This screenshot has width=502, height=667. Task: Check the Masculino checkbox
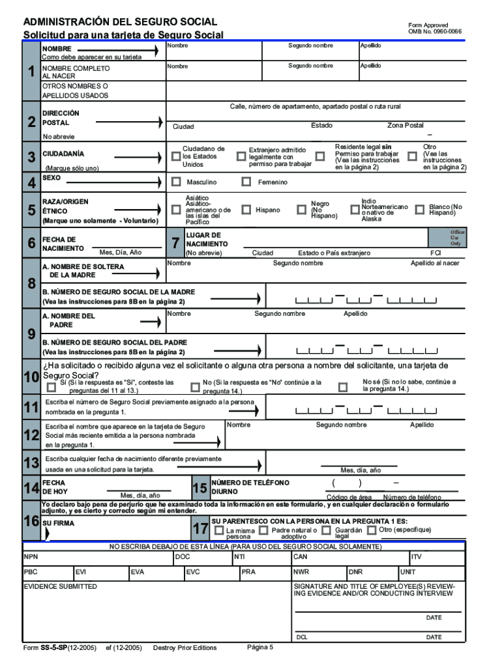[x=176, y=182]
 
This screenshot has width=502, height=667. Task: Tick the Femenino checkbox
[x=246, y=182]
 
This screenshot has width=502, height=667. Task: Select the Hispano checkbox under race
[x=246, y=210]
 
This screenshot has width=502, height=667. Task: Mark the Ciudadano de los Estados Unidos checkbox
[x=176, y=156]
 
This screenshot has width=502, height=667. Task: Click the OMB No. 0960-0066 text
[x=435, y=31]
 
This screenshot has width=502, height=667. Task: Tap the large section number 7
[x=175, y=244]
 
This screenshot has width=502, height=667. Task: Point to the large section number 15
[x=199, y=489]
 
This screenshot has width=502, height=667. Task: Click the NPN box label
[x=31, y=557]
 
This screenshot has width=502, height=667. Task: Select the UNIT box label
[x=407, y=572]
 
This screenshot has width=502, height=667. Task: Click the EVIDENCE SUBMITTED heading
[x=61, y=586]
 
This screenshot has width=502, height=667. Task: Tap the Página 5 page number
[x=260, y=647]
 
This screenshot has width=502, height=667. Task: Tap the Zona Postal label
[x=405, y=125]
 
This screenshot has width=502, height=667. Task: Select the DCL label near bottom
[x=302, y=637]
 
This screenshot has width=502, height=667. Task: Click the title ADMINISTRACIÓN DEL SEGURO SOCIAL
[x=121, y=22]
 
